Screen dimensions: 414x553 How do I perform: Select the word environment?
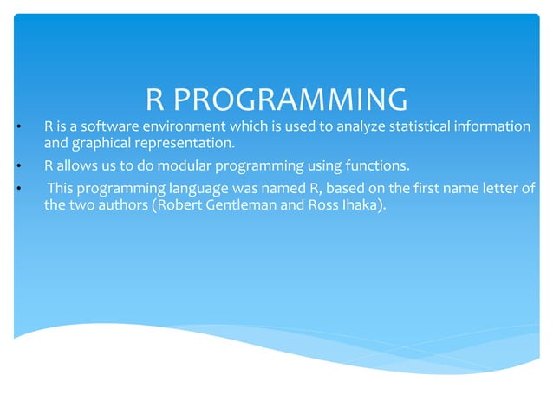(x=179, y=127)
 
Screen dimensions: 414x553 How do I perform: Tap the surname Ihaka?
(x=357, y=207)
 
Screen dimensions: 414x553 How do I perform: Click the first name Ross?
(x=319, y=207)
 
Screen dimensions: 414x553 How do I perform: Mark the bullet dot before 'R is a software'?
(x=18, y=128)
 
